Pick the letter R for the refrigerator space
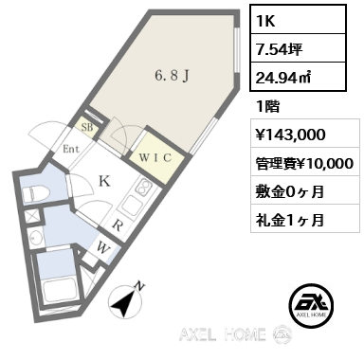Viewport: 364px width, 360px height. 117,226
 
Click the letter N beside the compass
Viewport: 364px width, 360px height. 140,284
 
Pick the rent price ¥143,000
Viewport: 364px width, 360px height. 290,135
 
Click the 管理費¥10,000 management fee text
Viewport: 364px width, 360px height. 303,163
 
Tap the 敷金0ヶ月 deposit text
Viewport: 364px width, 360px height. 290,191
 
